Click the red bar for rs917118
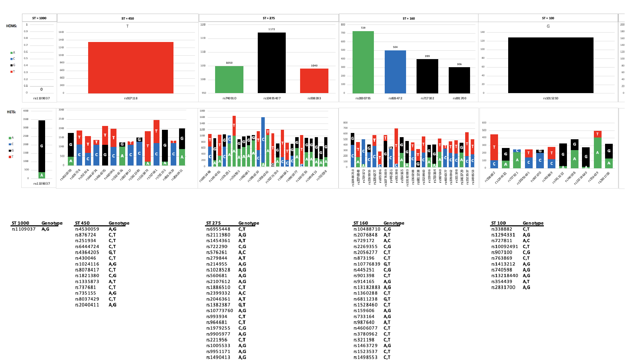130,68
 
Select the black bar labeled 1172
271,63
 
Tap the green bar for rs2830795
363,62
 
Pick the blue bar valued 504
395,72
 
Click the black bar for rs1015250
551,65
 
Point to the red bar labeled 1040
314,81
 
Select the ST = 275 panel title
269,18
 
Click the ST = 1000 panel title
39,18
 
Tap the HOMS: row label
12,26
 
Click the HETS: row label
12,112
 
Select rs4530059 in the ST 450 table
87,229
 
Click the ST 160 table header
361,223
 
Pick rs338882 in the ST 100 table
502,229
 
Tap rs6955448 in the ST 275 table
218,229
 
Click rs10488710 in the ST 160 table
367,229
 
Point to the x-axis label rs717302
427,98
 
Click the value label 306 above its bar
459,64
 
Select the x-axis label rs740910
229,98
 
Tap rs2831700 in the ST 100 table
503,287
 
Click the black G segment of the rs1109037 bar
42,146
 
